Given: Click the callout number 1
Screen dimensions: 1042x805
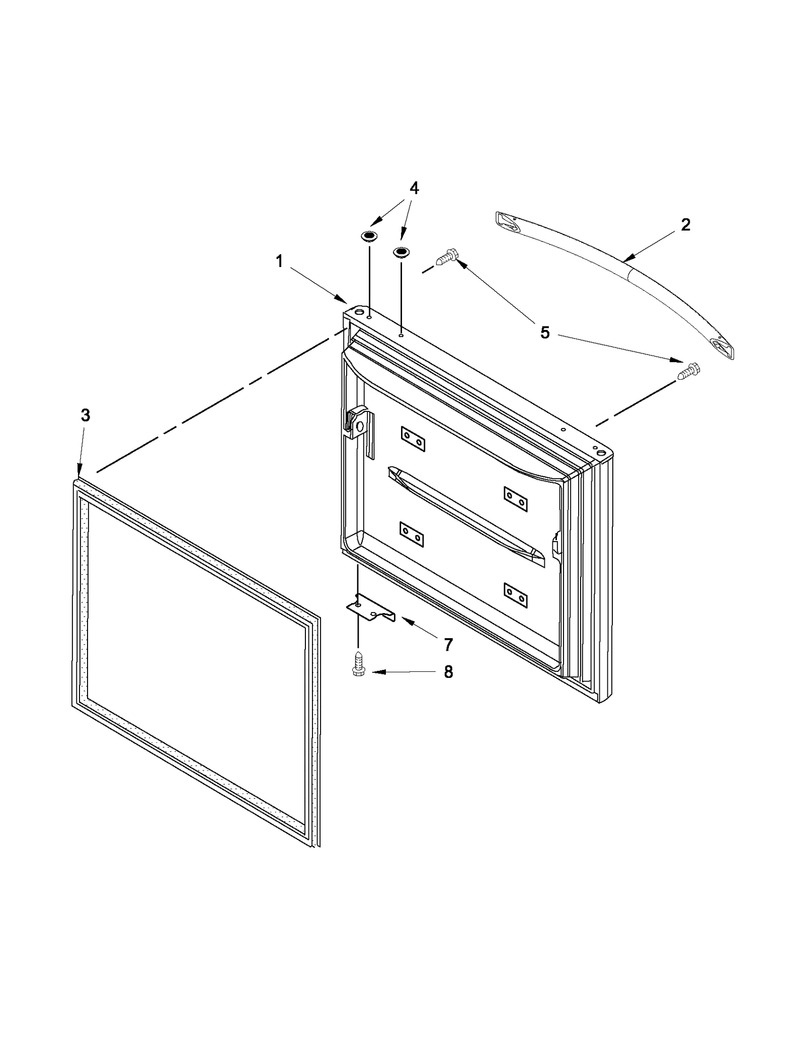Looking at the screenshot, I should [279, 262].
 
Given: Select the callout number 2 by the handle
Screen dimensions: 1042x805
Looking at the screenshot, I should [686, 224].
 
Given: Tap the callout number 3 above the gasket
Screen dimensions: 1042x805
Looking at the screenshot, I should [86, 415].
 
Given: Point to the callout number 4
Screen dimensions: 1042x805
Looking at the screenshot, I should [414, 188].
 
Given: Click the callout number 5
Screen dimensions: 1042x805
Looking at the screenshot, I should [545, 333].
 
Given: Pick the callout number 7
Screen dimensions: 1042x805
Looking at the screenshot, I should [448, 644].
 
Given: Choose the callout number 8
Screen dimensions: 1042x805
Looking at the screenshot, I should [448, 672].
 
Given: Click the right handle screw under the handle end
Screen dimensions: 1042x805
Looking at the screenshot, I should [689, 371].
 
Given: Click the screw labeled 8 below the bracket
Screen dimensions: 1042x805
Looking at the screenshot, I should [358, 664].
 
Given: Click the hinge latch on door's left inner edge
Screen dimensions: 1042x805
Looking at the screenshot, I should [358, 422].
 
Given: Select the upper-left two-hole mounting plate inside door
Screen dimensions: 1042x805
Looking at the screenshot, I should [413, 439].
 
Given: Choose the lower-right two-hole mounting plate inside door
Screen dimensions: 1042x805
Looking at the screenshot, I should [516, 596].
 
